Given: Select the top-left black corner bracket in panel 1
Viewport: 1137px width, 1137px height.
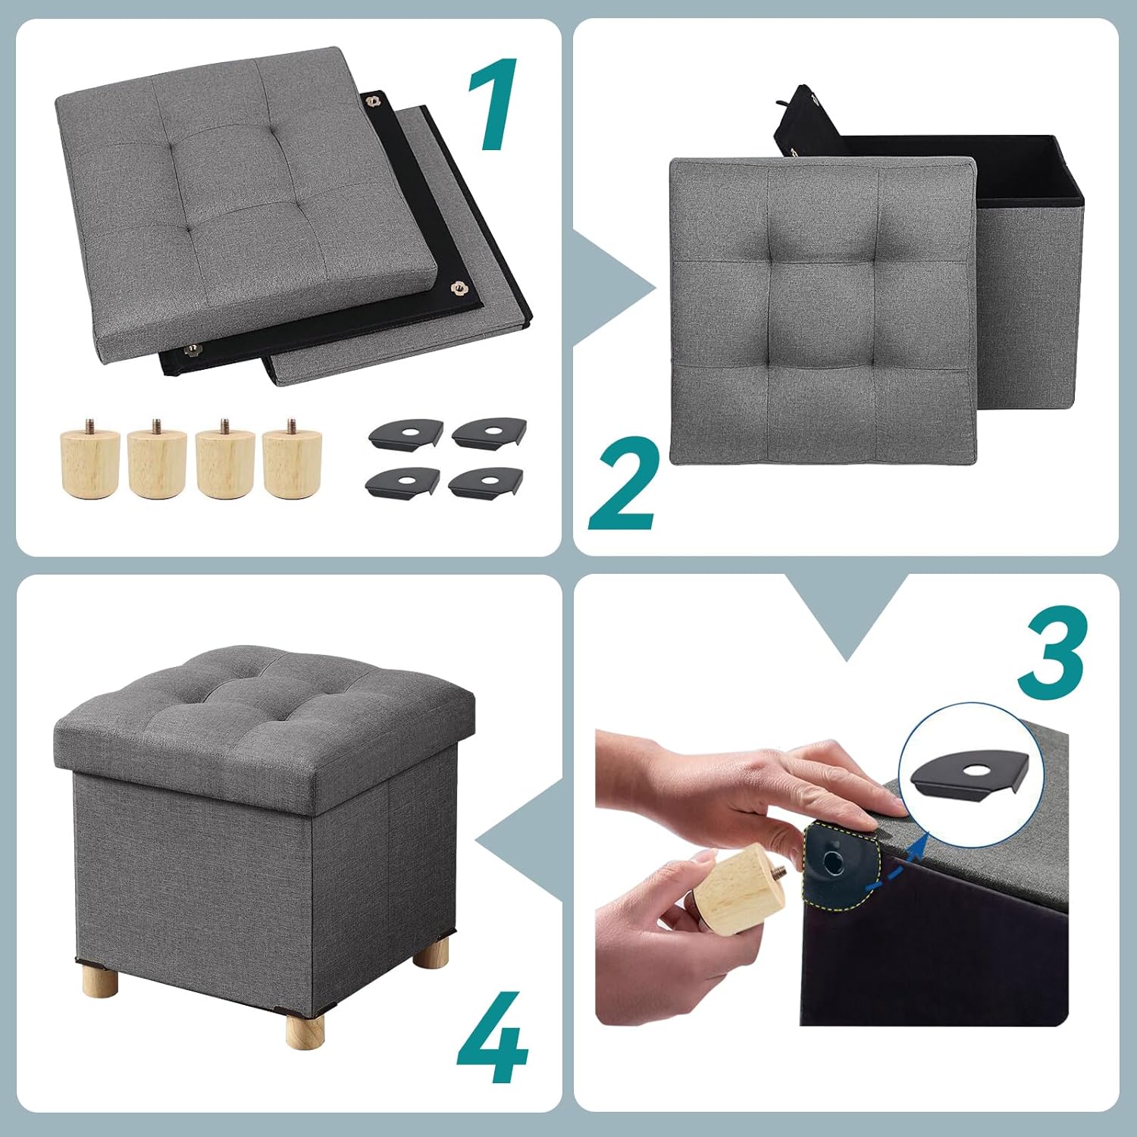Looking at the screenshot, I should pos(406,434).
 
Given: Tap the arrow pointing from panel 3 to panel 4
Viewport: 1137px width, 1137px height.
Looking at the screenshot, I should pos(523,841).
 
